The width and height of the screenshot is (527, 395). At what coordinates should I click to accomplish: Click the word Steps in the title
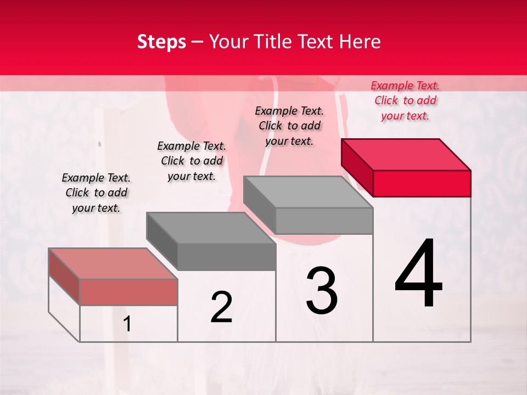[161, 42]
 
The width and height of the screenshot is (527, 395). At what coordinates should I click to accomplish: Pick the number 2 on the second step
[221, 307]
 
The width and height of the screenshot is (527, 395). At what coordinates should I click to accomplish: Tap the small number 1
[127, 324]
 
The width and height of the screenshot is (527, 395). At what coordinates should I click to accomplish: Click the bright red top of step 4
[405, 154]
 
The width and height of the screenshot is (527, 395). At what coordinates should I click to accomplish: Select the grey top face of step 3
[307, 191]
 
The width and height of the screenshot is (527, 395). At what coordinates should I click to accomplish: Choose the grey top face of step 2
[210, 228]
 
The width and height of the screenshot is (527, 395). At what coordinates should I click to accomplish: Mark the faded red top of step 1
[113, 264]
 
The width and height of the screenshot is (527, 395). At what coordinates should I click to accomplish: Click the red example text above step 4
[405, 100]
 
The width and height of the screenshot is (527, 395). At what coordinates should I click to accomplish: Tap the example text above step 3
[289, 126]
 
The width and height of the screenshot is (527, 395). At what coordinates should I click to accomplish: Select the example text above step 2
[192, 161]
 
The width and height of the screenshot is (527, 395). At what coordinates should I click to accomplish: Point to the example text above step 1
[96, 193]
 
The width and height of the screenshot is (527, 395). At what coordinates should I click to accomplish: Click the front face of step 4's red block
[422, 183]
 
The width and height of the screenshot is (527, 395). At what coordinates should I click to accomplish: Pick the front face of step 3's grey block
[324, 221]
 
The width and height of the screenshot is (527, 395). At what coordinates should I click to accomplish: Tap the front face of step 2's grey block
[226, 257]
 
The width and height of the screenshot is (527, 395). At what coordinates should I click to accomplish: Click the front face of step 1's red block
[128, 292]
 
